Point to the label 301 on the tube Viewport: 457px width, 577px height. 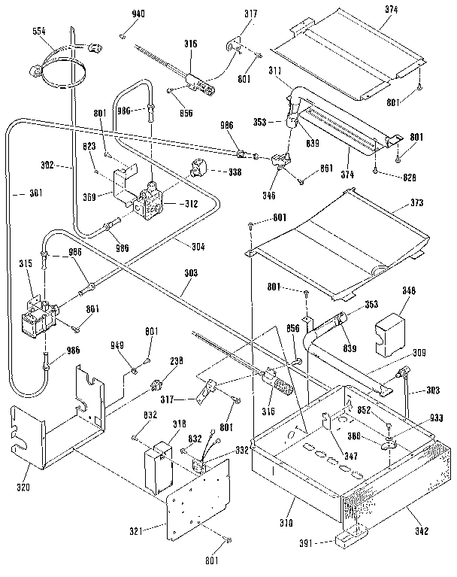pyautogui.click(x=34, y=193)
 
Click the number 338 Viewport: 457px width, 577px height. pyautogui.click(x=235, y=172)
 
